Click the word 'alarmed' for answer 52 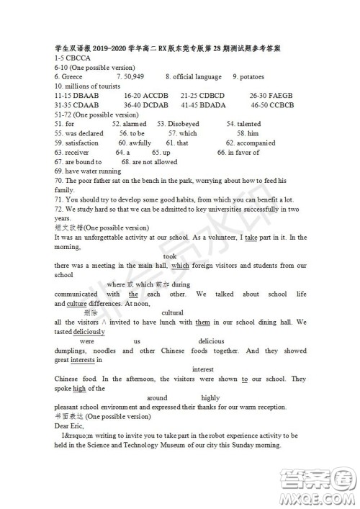(x=133, y=124)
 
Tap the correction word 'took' (x=170, y=256)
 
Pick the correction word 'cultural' (x=172, y=312)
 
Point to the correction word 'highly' (x=210, y=397)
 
